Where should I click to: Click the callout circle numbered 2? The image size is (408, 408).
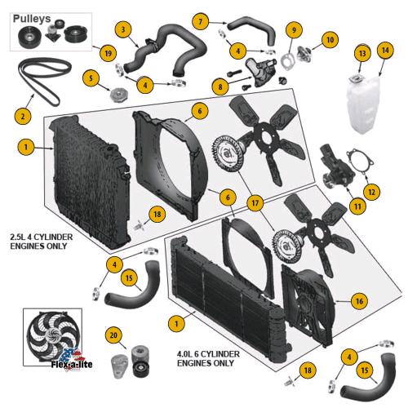(x=23, y=117)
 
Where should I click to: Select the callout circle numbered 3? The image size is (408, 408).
(x=123, y=29)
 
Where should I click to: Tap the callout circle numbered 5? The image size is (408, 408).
(x=91, y=78)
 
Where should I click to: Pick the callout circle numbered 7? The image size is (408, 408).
(x=201, y=21)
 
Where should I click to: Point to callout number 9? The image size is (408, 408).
(x=294, y=29)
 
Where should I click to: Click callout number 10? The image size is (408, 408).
(x=330, y=40)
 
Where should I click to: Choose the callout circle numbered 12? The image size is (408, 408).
(x=371, y=192)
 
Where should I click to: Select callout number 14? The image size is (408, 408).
(x=385, y=51)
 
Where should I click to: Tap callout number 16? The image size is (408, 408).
(x=359, y=301)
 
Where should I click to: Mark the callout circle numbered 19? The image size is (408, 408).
(x=108, y=53)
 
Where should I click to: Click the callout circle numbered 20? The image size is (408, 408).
(x=113, y=335)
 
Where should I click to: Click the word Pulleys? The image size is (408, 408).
(x=32, y=19)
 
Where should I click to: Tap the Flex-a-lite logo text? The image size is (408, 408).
(x=72, y=364)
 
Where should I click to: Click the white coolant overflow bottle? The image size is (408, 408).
(x=362, y=104)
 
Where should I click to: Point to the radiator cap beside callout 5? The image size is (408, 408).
(x=119, y=95)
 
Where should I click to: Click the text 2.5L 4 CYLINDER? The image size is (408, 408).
(x=42, y=237)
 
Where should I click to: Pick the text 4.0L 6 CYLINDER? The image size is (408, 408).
(x=208, y=354)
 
